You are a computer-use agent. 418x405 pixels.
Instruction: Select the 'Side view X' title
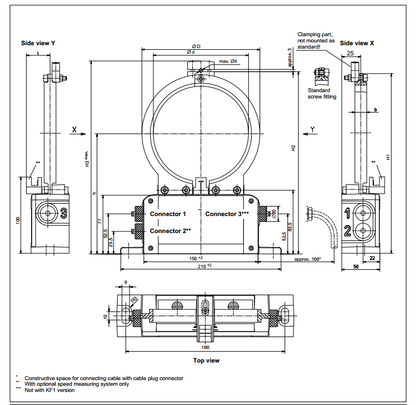356,43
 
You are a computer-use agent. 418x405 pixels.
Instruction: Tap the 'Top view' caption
206,360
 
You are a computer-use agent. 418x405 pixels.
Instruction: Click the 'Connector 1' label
167,214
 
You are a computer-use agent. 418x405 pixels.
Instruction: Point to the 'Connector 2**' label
170,231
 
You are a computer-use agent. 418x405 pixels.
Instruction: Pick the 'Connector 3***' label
227,214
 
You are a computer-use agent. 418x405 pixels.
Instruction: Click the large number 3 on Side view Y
64,213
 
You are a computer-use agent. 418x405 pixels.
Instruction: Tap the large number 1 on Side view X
347,213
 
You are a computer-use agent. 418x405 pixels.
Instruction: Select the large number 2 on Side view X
347,230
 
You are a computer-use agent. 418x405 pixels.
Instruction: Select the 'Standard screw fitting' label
322,93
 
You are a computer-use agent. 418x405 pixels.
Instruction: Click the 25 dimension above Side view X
350,53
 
